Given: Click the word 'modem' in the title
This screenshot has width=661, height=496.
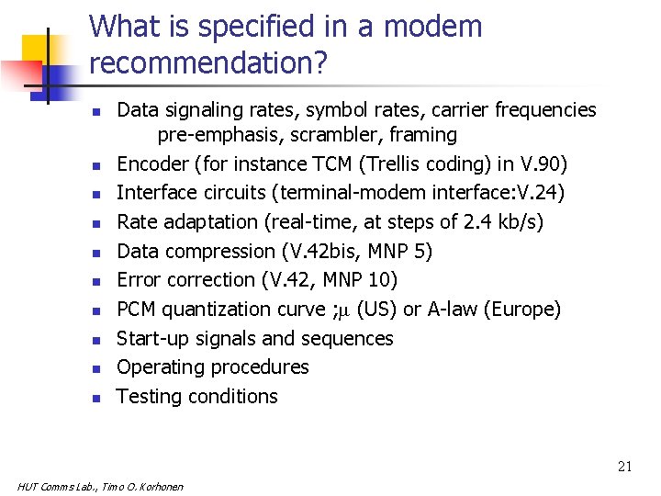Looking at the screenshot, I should click(432, 27).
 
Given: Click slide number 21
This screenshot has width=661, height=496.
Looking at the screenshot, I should click(624, 467).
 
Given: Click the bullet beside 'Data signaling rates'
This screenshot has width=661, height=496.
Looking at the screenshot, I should click(95, 112).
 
